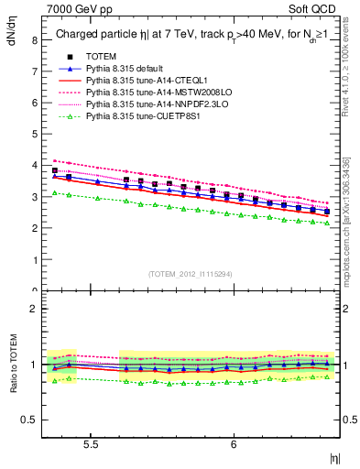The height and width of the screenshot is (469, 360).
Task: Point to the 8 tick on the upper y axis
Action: click(x=35, y=40)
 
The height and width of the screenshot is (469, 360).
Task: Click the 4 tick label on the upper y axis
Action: click(x=35, y=166)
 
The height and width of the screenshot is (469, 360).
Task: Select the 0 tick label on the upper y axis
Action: click(x=35, y=291)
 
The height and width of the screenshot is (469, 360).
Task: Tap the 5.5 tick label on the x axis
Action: click(x=91, y=444)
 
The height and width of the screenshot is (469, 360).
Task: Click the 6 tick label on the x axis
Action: click(x=235, y=444)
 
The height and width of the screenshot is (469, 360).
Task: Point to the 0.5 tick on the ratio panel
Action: click(x=30, y=420)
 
